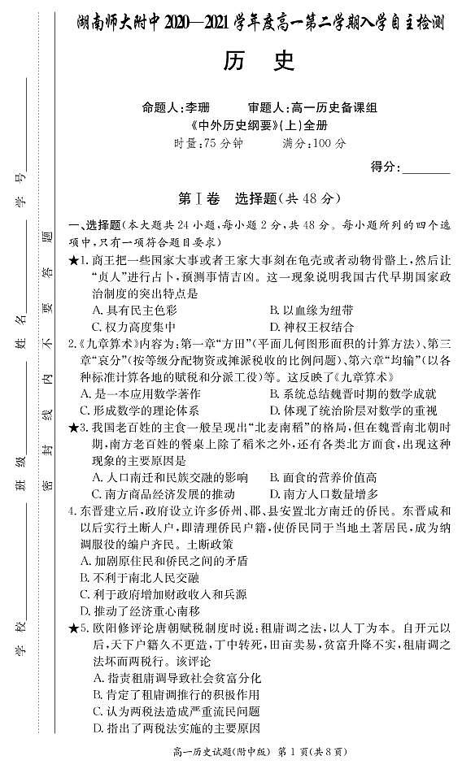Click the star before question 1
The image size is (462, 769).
point(73,260)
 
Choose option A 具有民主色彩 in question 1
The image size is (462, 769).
point(134,310)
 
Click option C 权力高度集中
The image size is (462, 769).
point(134,326)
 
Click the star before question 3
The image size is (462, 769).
point(73,427)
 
